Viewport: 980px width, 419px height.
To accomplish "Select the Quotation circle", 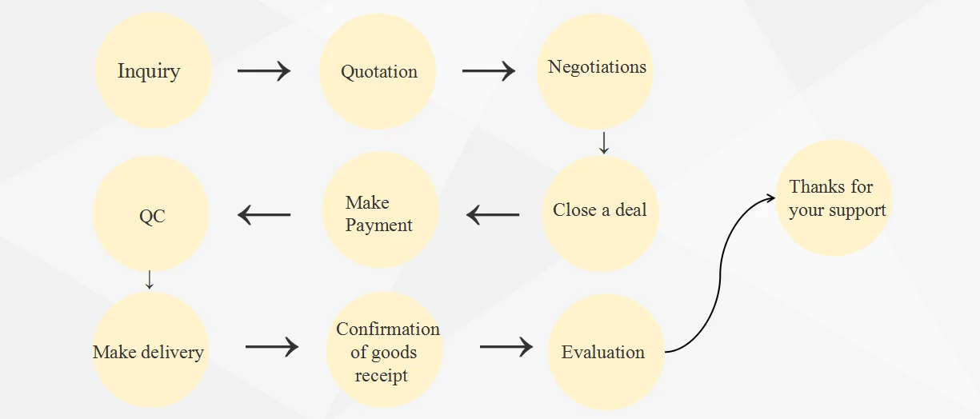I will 378,70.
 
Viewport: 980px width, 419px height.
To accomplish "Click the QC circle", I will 151,215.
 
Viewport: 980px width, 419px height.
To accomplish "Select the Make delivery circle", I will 150,351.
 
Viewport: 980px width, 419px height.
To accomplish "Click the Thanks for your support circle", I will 834,198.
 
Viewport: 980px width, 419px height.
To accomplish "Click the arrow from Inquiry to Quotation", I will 264,70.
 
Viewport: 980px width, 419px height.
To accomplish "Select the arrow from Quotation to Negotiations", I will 488,70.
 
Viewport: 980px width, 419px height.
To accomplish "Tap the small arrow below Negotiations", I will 604,143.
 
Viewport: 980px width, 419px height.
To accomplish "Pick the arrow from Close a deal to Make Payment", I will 493,214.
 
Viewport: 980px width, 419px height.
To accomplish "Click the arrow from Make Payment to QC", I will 264,214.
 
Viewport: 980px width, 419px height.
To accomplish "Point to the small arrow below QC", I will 149,280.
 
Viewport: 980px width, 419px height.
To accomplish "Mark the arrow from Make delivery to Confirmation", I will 271,347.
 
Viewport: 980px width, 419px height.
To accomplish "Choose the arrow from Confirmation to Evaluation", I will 506,347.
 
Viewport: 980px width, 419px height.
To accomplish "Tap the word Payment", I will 379,225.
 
